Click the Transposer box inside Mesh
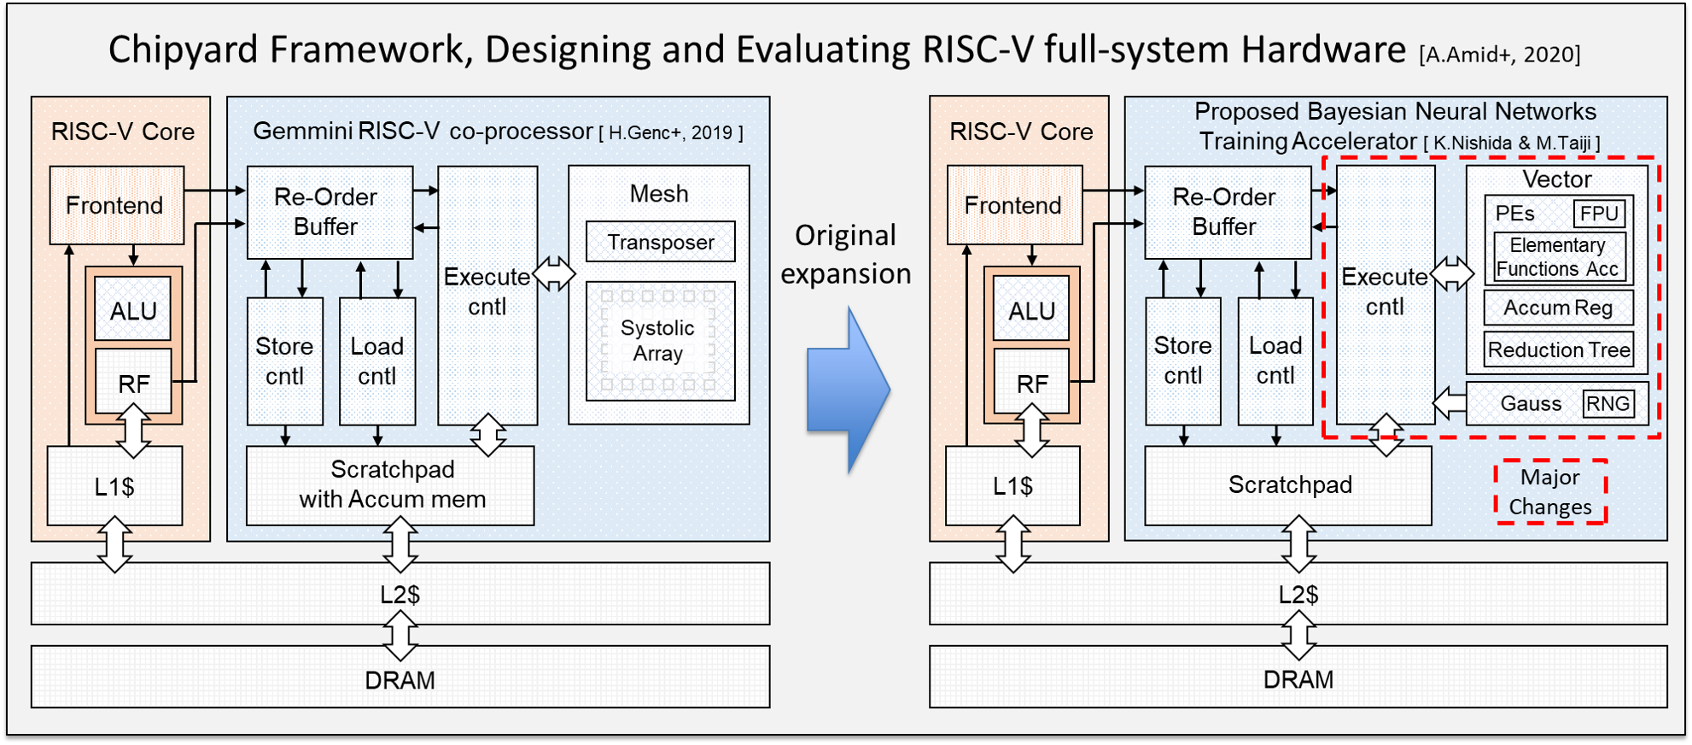(x=661, y=242)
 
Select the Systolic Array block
(x=661, y=341)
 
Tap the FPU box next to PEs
(x=1599, y=214)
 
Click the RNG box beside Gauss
(x=1608, y=403)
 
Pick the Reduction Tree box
(x=1559, y=349)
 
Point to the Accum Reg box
(x=1559, y=308)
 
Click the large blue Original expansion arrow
(x=848, y=390)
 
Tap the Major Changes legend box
(x=1550, y=492)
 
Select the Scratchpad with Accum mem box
(x=390, y=485)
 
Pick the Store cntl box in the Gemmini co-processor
(x=285, y=361)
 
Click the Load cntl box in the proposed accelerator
(x=1275, y=361)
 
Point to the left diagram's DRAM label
(x=400, y=680)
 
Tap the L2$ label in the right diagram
(x=1298, y=595)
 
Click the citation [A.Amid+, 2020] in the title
(x=1500, y=55)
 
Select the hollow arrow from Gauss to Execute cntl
(x=1450, y=403)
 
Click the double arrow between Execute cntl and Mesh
(x=554, y=274)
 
